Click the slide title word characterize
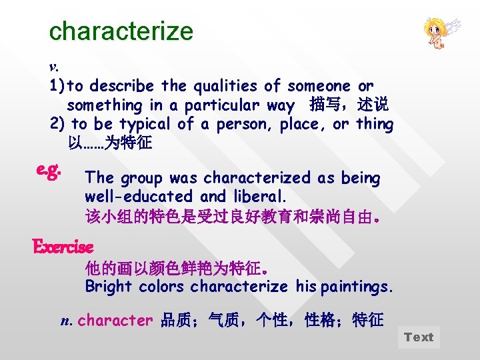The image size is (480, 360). pyautogui.click(x=121, y=31)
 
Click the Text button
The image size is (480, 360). pyautogui.click(x=419, y=337)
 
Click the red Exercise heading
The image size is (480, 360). pyautogui.click(x=63, y=247)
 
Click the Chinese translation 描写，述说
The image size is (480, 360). pyautogui.click(x=349, y=105)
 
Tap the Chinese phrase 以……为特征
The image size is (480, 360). pyautogui.click(x=110, y=143)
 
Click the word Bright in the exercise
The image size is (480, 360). pyautogui.click(x=108, y=287)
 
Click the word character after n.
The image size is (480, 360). pyautogui.click(x=115, y=321)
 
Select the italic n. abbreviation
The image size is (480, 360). pyautogui.click(x=65, y=321)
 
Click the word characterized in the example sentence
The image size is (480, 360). pyautogui.click(x=257, y=178)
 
